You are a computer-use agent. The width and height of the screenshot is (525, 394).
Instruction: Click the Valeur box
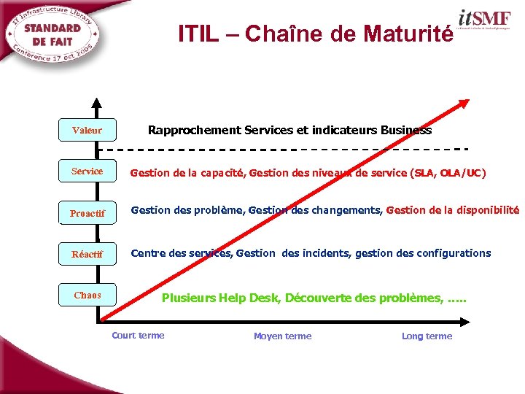[x=87, y=131]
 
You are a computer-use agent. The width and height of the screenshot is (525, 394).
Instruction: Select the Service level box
[x=87, y=171]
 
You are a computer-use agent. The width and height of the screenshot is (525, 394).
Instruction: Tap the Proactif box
[x=87, y=213]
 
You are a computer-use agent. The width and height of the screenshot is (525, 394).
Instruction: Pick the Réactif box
[x=87, y=255]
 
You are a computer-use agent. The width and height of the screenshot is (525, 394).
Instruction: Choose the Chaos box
[x=87, y=295]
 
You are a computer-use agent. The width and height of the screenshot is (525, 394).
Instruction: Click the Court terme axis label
[x=138, y=336]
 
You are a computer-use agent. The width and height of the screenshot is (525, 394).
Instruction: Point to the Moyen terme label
[x=282, y=336]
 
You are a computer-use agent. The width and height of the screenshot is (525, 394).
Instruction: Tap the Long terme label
[x=427, y=336]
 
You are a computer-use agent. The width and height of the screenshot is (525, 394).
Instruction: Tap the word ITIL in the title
[x=198, y=34]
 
